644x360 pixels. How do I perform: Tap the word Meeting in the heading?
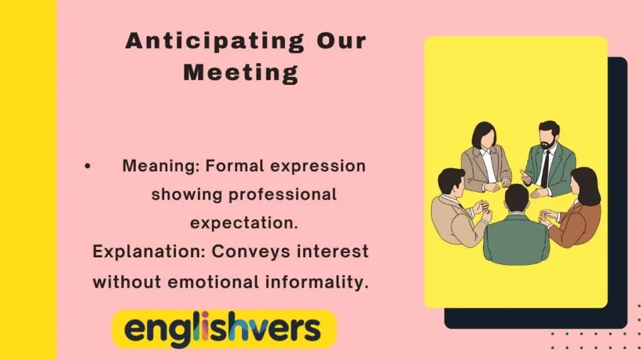[x=241, y=73]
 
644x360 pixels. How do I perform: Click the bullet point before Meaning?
[x=87, y=166]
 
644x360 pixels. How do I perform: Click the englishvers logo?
[x=223, y=329]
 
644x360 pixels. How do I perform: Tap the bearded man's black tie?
[x=545, y=169]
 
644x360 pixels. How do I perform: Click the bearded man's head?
[x=548, y=135]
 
